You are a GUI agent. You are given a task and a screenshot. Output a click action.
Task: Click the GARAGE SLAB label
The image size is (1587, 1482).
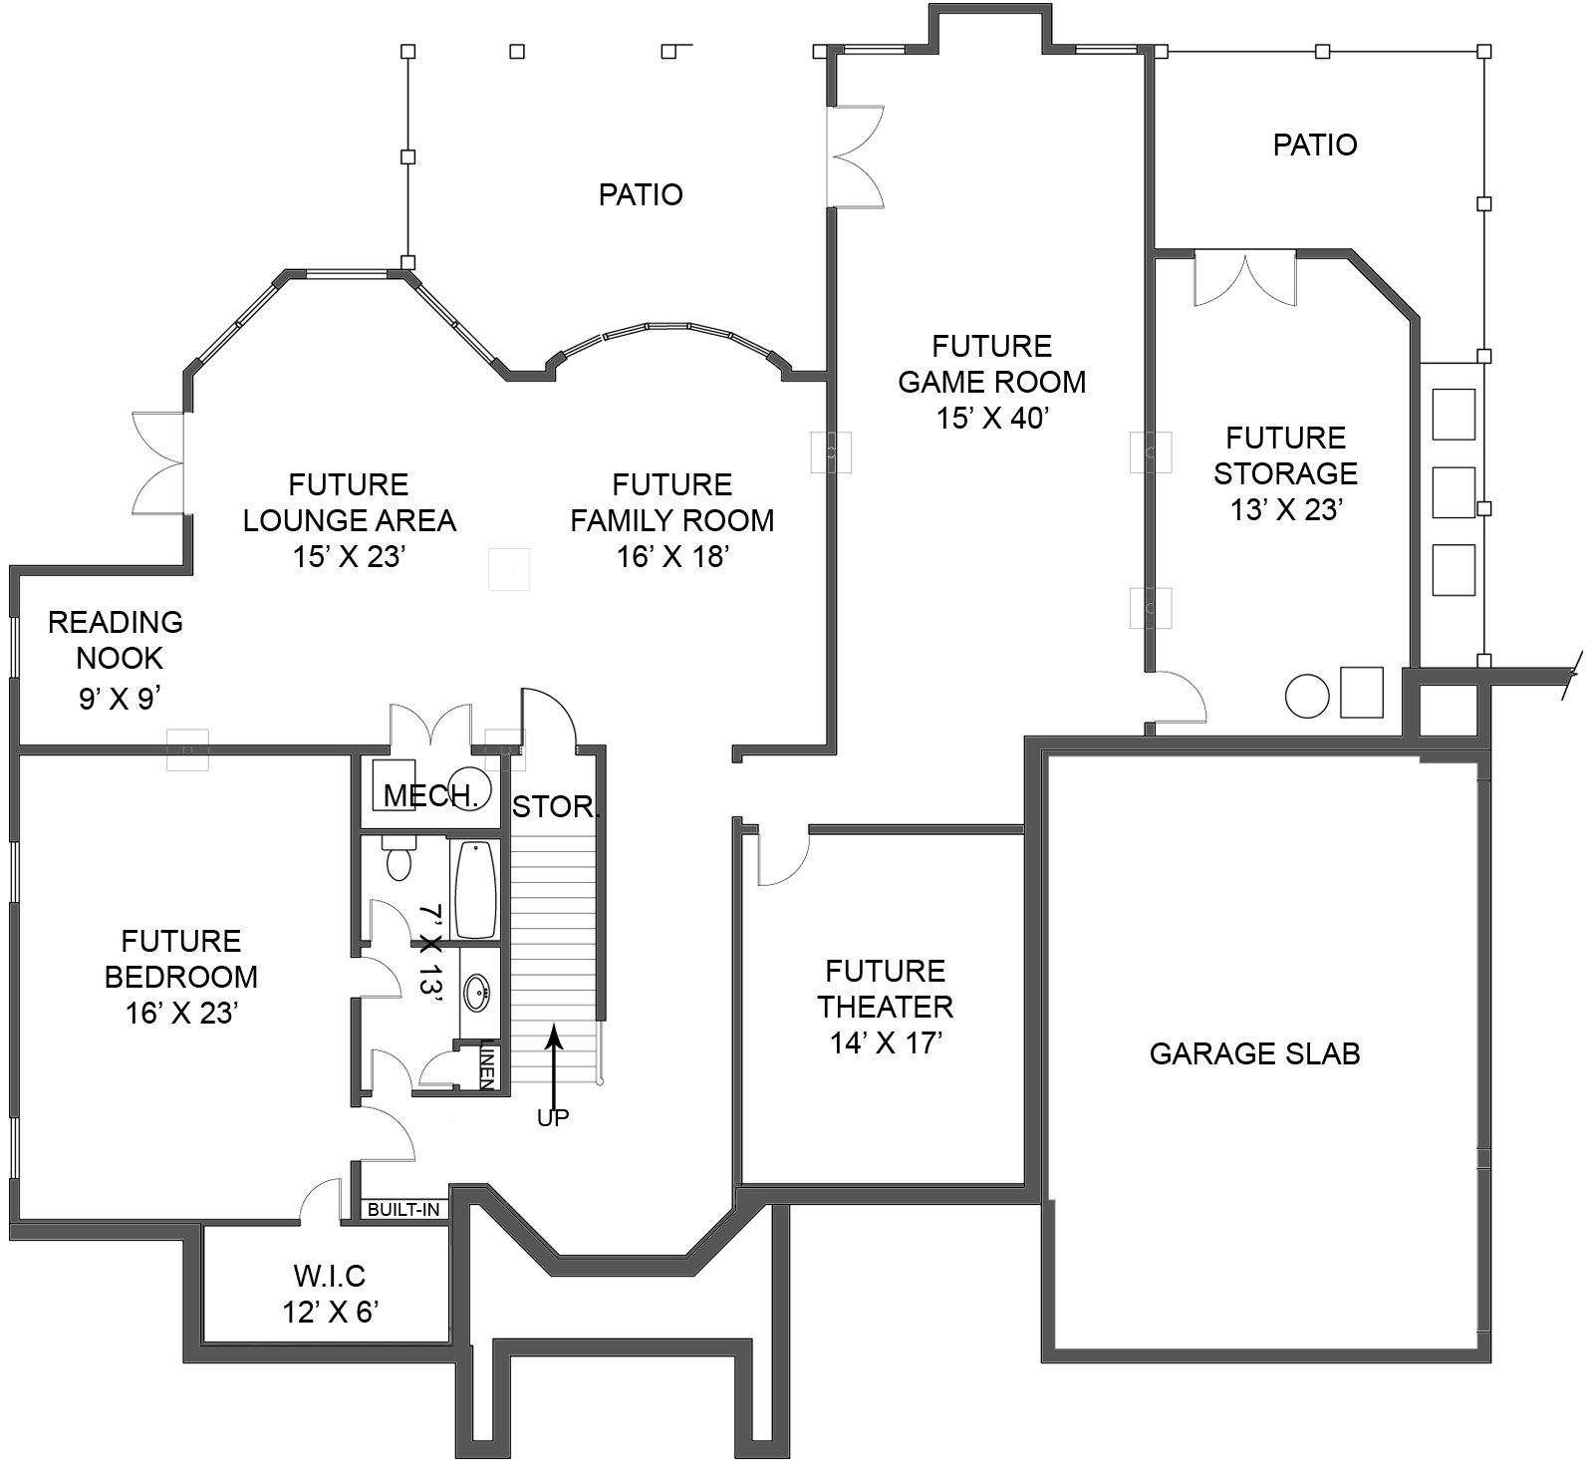[x=1253, y=1053]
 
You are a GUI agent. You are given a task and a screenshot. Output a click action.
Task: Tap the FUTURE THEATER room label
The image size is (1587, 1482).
[x=885, y=989]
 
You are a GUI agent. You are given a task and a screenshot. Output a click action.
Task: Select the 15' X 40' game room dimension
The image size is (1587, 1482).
[x=991, y=418]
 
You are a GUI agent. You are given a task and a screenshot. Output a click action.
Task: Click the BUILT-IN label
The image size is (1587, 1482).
[x=403, y=1210]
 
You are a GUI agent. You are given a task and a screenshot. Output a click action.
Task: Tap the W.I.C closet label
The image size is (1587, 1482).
[x=330, y=1276]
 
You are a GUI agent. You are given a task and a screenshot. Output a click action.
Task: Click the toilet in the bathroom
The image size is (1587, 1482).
[x=398, y=859]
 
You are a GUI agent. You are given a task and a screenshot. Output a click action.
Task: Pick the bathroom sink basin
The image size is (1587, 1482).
[x=477, y=994]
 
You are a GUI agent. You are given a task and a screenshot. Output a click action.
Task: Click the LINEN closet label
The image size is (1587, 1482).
[x=488, y=1064]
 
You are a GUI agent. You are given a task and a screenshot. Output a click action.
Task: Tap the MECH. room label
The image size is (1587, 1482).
[x=430, y=795]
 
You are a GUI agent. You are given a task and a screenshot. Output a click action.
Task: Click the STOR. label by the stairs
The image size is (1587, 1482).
[x=555, y=806]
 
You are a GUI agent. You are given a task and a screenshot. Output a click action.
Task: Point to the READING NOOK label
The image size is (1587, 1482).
[x=117, y=640]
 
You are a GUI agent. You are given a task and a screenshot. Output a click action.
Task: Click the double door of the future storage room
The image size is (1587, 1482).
[x=1244, y=279]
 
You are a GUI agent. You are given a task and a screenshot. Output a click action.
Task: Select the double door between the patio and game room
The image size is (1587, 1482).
[x=855, y=156]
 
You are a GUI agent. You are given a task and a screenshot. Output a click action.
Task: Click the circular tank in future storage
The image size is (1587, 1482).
[x=1306, y=696]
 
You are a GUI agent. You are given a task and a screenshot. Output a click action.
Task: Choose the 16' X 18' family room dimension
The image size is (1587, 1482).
[x=671, y=556]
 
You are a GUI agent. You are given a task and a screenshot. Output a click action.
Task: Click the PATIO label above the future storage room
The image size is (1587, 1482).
[x=1314, y=146]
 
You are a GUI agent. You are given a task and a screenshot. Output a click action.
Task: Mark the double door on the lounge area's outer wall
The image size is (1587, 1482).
[x=159, y=463]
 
